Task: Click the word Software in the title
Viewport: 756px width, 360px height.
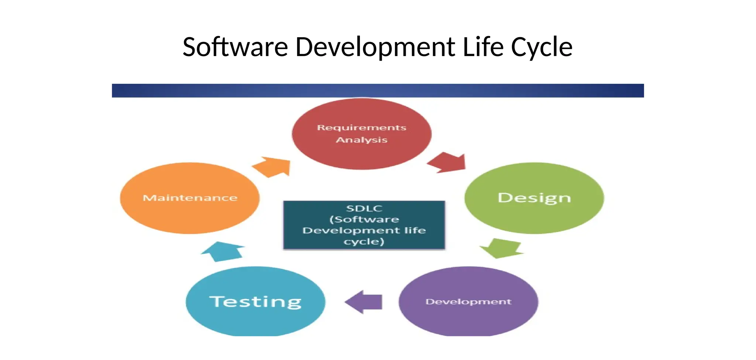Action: pos(235,47)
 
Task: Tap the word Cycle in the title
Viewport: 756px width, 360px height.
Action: pos(542,47)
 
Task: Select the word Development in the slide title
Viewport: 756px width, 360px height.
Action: pos(375,47)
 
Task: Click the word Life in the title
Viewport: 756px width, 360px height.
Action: pos(483,47)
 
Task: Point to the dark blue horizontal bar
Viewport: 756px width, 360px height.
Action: pos(378,90)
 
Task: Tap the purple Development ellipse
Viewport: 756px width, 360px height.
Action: pos(468,318)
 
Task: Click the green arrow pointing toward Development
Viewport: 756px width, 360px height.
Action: pos(502,248)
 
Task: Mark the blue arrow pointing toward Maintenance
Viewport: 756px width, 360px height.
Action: pos(223,252)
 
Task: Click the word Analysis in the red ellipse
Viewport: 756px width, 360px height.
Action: pos(361,140)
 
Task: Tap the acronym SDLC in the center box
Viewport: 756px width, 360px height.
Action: pos(364,208)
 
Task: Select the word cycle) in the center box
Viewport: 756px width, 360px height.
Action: pos(364,242)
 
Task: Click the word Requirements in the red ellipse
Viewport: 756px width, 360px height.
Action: pos(361,128)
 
